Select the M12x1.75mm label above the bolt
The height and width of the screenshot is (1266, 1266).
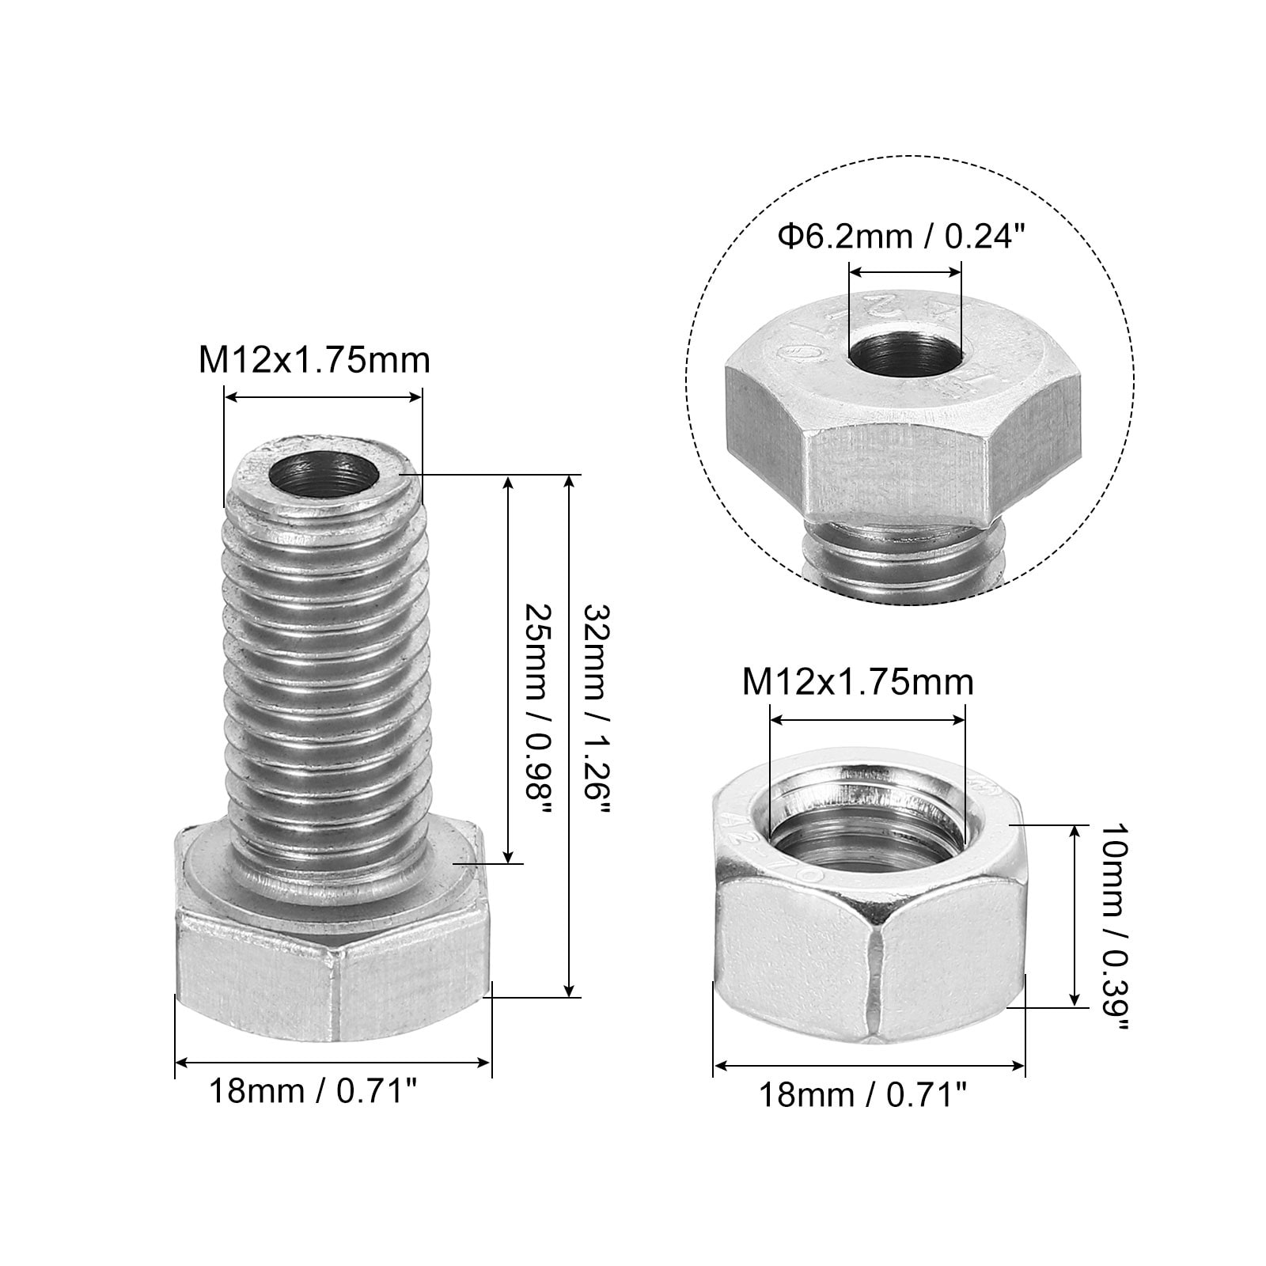[314, 361]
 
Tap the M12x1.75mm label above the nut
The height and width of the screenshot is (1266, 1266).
[857, 681]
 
